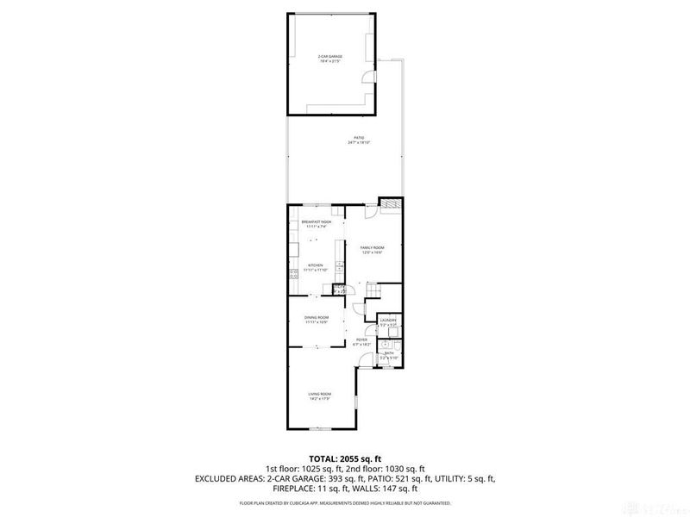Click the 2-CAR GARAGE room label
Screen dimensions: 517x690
tap(330, 56)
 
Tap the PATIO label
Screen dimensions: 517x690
tap(358, 138)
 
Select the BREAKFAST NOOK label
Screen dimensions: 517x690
tap(317, 221)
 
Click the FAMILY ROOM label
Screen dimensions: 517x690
tap(372, 247)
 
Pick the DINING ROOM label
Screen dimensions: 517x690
tap(317, 318)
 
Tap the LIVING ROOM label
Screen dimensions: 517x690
tap(320, 394)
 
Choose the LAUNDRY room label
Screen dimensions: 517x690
tap(388, 321)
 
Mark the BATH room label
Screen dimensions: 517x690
tap(389, 352)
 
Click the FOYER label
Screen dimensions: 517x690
tap(362, 340)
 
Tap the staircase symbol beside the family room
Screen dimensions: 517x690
tap(373, 297)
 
